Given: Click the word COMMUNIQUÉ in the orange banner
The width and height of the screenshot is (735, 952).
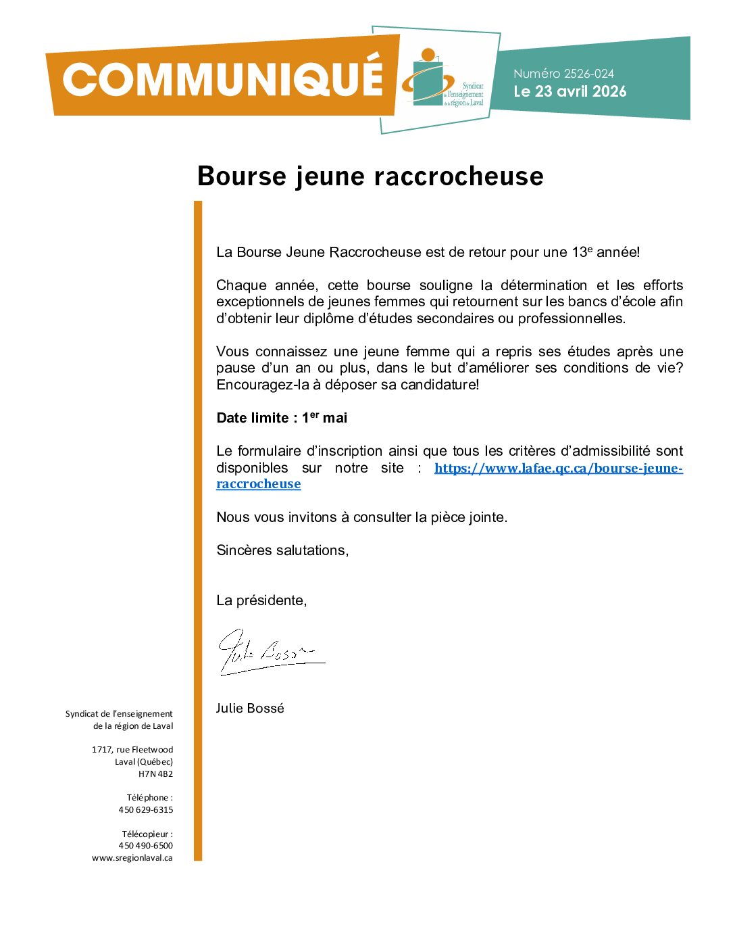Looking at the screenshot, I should [x=223, y=79].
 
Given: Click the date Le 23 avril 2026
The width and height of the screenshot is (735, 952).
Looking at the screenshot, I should [x=569, y=91].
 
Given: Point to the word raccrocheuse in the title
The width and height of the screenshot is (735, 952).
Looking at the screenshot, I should [x=459, y=176].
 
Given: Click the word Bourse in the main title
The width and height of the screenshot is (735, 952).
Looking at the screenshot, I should [x=242, y=176].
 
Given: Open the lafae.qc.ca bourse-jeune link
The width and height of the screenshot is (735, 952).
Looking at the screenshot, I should [x=558, y=469].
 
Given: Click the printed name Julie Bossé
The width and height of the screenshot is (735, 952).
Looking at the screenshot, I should [x=250, y=709].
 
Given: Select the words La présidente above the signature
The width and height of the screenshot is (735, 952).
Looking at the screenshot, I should [x=261, y=600].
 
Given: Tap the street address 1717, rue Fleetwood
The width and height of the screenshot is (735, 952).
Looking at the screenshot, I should [x=132, y=750].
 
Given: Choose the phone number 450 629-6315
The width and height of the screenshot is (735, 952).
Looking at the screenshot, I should [x=146, y=810].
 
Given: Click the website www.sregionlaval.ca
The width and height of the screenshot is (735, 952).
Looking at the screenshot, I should [x=132, y=858].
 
